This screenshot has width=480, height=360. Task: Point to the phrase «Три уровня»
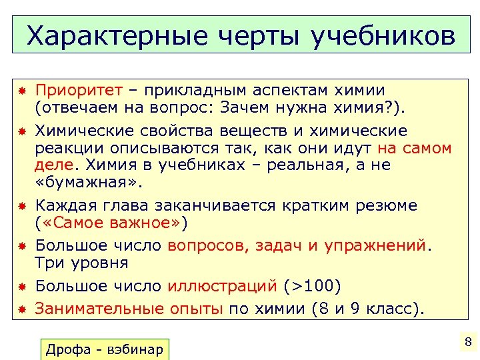(81, 262)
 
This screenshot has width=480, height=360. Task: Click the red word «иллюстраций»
(222, 287)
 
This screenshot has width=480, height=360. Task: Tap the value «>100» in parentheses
(312, 287)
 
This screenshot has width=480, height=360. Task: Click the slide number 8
(467, 343)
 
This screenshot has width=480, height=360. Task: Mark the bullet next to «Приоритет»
(21, 91)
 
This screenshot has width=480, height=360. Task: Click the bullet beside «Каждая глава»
(21, 206)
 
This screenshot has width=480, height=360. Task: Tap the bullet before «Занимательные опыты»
(21, 309)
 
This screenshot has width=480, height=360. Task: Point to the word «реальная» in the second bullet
(291, 165)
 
